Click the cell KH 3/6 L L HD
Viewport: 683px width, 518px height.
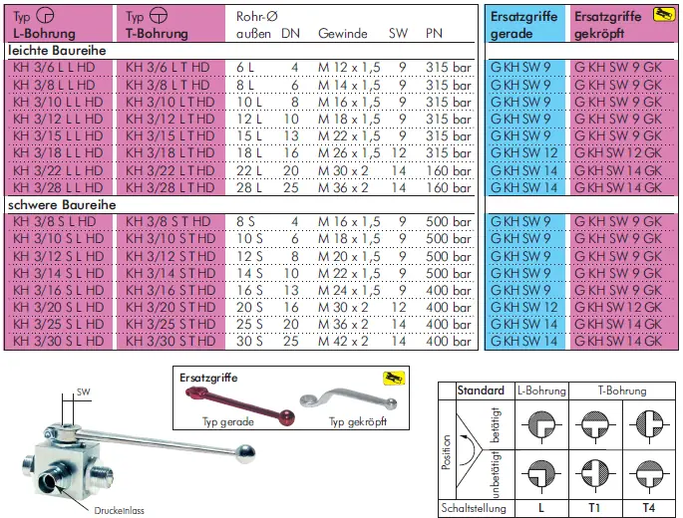(x=54, y=68)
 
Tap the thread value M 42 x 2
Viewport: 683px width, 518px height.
(x=343, y=341)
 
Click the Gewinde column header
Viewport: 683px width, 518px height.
(x=342, y=34)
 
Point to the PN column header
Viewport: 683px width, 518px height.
(x=434, y=34)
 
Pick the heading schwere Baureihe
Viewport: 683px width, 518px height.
(x=62, y=205)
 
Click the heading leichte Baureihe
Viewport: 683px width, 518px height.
(x=57, y=51)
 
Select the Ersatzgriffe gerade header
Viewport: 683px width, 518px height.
(x=523, y=25)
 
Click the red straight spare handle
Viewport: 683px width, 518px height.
(x=240, y=404)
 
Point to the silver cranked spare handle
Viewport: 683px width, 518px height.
(x=348, y=399)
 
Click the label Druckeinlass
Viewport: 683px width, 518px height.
(x=119, y=511)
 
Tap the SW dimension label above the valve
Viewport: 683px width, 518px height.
(x=83, y=391)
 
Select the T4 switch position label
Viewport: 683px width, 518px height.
(x=648, y=508)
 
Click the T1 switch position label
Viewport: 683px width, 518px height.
(x=594, y=508)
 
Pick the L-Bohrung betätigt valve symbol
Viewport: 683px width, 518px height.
(x=541, y=424)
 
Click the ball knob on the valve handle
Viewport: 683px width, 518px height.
(x=246, y=453)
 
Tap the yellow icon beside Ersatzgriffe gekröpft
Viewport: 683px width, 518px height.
(x=663, y=15)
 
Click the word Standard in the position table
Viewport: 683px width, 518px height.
(x=481, y=390)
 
